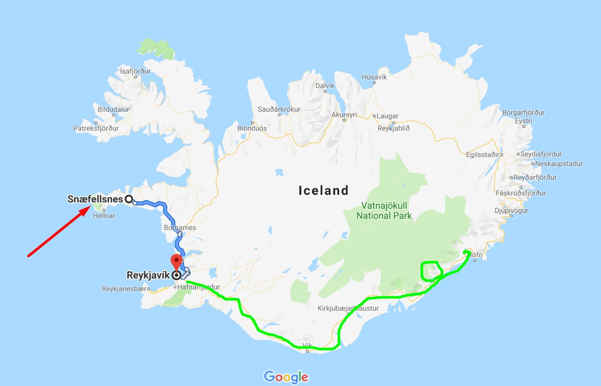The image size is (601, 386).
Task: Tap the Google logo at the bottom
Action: pyautogui.click(x=286, y=377)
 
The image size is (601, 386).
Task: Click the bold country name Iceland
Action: pyautogui.click(x=323, y=190)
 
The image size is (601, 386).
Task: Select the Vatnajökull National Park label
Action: pyautogui.click(x=384, y=211)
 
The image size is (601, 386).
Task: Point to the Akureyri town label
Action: pyautogui.click(x=344, y=115)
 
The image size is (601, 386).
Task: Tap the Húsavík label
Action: pyautogui.click(x=374, y=77)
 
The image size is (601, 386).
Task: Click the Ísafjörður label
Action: pyautogui.click(x=135, y=71)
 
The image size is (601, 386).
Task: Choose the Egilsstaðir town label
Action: pyautogui.click(x=483, y=155)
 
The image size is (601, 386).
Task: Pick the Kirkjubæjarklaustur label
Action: pyautogui.click(x=348, y=308)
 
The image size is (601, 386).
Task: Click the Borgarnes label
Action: pyautogui.click(x=180, y=227)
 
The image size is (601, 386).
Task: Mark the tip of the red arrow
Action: pyautogui.click(x=90, y=207)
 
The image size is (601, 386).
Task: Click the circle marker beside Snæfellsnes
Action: pyautogui.click(x=129, y=199)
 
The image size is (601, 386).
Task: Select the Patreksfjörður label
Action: pyautogui.click(x=96, y=128)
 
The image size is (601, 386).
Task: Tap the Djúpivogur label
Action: pyautogui.click(x=511, y=211)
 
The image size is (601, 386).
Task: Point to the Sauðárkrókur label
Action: pyautogui.click(x=279, y=109)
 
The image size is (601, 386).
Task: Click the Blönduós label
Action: pyautogui.click(x=252, y=128)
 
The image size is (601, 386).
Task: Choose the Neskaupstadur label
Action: pyautogui.click(x=559, y=164)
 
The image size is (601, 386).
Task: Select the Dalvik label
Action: pyautogui.click(x=325, y=86)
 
